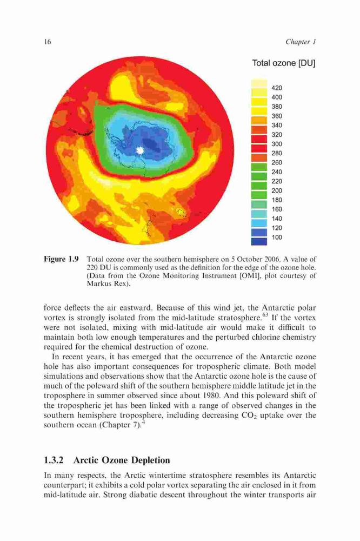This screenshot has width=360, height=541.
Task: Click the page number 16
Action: tap(48, 42)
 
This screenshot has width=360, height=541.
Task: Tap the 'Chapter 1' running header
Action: tap(301, 42)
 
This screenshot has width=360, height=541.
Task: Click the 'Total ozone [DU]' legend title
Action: tap(284, 63)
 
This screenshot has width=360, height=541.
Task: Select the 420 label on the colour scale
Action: tap(277, 88)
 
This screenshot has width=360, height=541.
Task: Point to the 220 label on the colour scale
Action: tap(277, 181)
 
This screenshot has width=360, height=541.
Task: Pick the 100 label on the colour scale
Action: tap(277, 237)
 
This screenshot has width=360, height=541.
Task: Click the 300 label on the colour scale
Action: tap(277, 144)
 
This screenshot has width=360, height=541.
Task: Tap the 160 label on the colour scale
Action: tap(277, 209)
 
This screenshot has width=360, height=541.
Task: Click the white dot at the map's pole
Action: tap(139, 150)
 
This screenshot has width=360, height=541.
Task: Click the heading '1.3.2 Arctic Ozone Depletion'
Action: tap(107, 460)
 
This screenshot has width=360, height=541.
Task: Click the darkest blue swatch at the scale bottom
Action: tap(259, 241)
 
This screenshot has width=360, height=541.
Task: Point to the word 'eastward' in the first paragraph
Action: tap(114, 308)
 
